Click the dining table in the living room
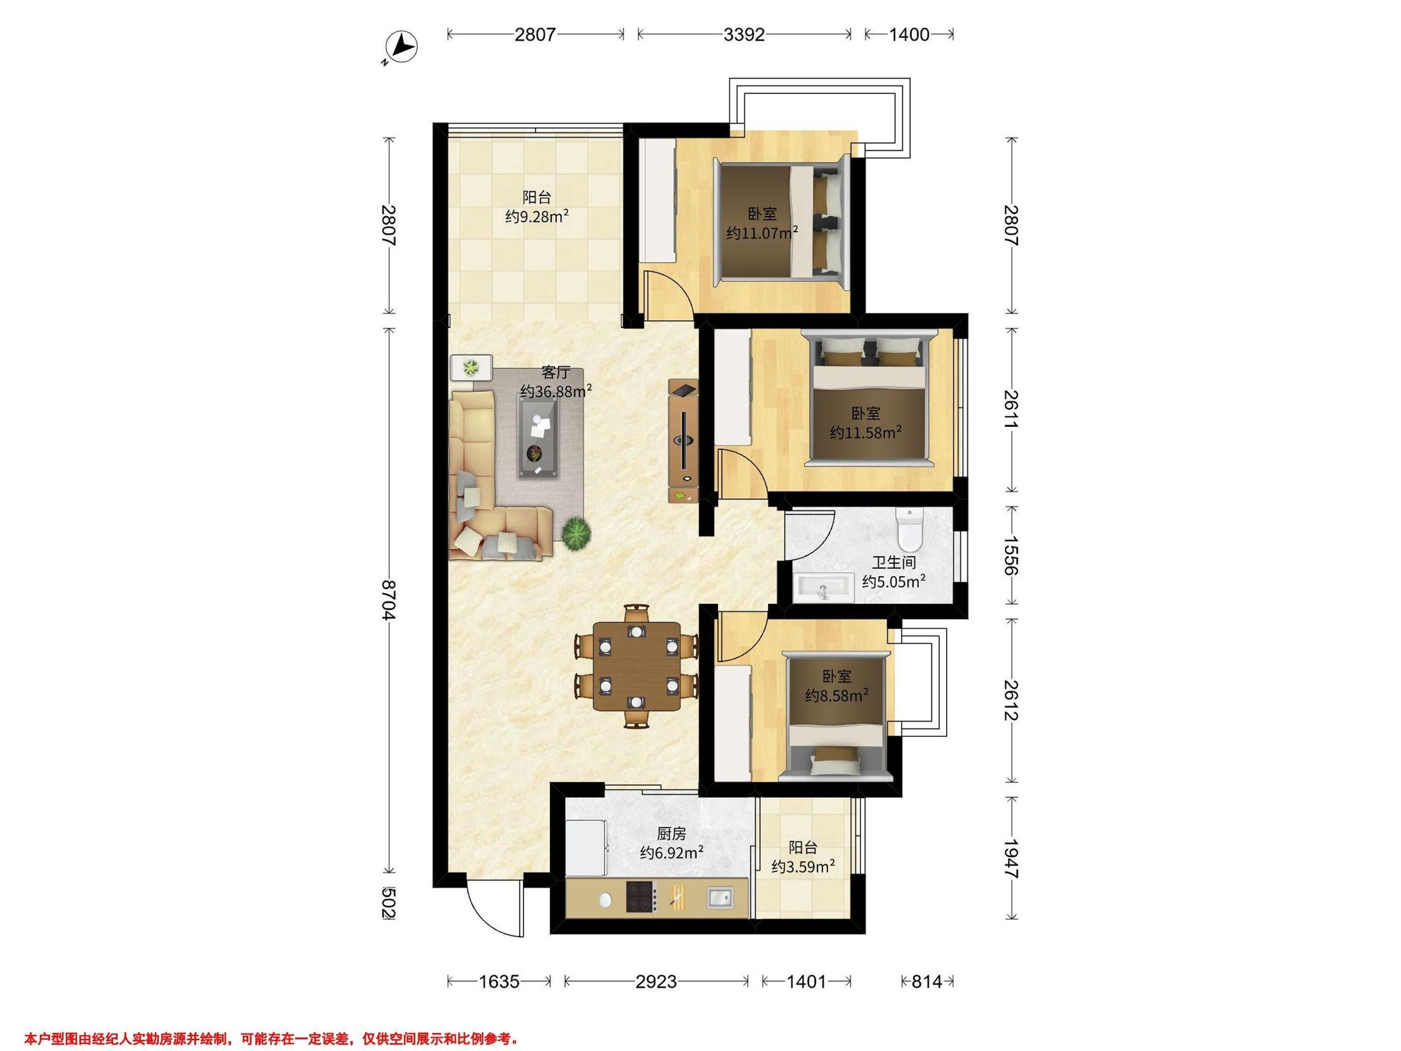[x=636, y=666]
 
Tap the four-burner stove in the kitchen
[x=641, y=896]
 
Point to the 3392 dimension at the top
[x=744, y=34]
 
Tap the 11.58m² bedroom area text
[x=866, y=433]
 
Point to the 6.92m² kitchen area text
[x=671, y=852]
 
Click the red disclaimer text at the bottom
[x=271, y=1021]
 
